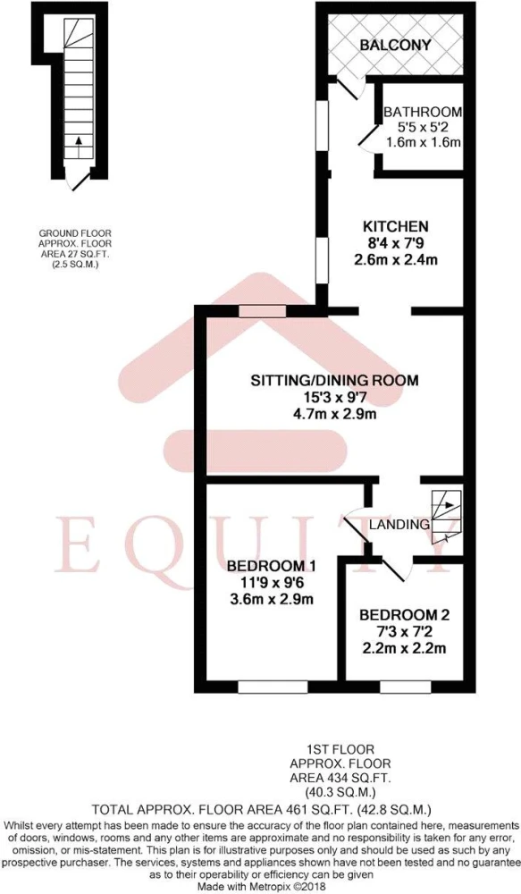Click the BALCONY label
pyautogui.click(x=396, y=45)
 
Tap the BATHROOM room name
pyautogui.click(x=423, y=112)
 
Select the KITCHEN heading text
pyautogui.click(x=396, y=225)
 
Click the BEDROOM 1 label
pyautogui.click(x=271, y=566)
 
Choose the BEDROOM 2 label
pyautogui.click(x=404, y=615)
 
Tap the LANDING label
pyautogui.click(x=399, y=525)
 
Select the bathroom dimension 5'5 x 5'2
pyautogui.click(x=423, y=128)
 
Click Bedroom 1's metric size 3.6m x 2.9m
pyautogui.click(x=271, y=600)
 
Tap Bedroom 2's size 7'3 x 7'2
pyautogui.click(x=404, y=632)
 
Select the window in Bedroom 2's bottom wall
pyautogui.click(x=406, y=687)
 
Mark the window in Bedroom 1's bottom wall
pyautogui.click(x=273, y=687)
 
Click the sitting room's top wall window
pyautogui.click(x=262, y=311)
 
